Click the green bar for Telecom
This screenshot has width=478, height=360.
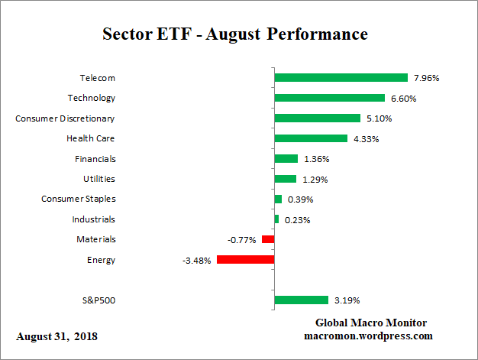click(x=341, y=78)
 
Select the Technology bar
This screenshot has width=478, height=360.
click(x=329, y=98)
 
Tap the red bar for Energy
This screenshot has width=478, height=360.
click(x=245, y=260)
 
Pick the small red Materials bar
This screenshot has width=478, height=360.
click(x=268, y=239)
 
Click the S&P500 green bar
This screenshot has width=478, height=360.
click(x=301, y=300)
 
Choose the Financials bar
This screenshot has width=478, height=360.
click(x=286, y=158)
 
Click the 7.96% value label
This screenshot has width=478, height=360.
click(x=426, y=78)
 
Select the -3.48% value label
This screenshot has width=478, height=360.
click(x=196, y=260)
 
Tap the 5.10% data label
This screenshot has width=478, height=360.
click(x=379, y=118)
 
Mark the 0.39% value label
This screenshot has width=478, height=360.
click(x=299, y=199)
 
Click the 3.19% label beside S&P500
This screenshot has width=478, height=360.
click(x=347, y=300)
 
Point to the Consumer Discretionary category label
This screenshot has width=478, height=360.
click(x=66, y=118)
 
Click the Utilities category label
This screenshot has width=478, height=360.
click(x=99, y=179)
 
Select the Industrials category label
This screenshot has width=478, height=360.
click(x=94, y=219)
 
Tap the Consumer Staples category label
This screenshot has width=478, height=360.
click(x=78, y=199)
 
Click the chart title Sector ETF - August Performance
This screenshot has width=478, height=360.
click(x=235, y=35)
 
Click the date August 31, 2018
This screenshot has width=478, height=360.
click(x=57, y=336)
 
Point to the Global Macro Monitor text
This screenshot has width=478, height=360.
click(x=370, y=323)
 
